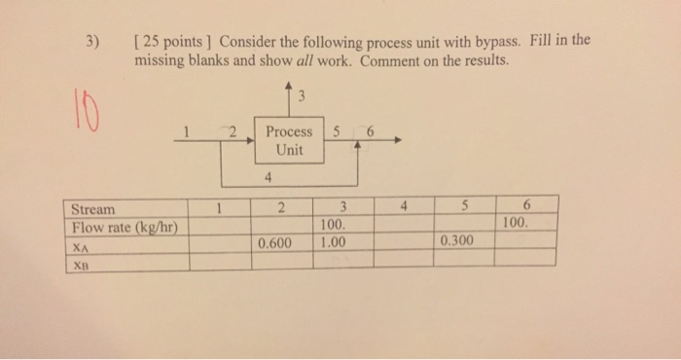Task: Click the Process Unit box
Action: tap(289, 141)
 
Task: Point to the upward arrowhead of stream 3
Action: tap(289, 89)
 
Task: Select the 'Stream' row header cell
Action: tap(92, 208)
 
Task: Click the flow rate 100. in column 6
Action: tap(517, 222)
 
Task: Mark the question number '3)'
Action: tap(92, 42)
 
